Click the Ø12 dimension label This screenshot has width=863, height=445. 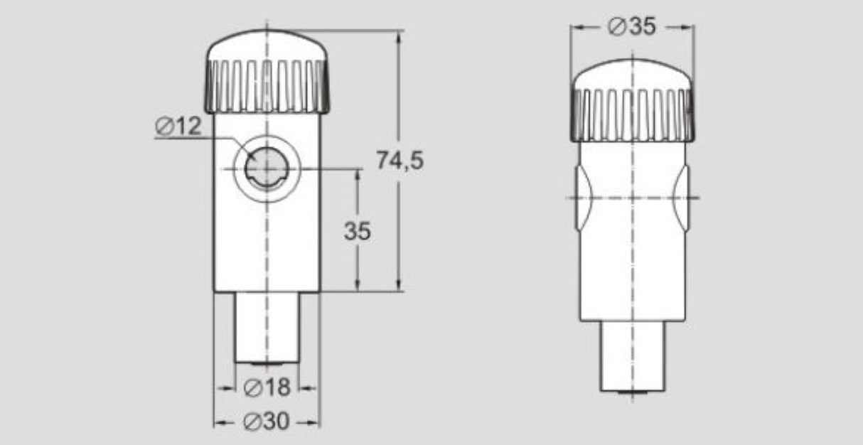(178, 127)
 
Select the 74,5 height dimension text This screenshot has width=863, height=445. (400, 161)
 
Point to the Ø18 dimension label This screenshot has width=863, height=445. (267, 387)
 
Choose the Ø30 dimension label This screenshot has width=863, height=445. (267, 422)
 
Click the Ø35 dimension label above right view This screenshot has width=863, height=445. (631, 27)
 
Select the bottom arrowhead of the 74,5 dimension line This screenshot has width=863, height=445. (398, 285)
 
